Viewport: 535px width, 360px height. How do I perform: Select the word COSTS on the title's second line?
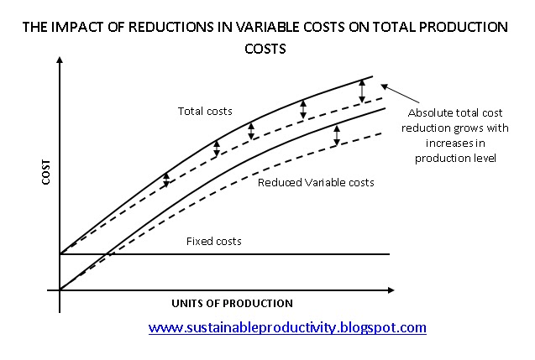coord(265,49)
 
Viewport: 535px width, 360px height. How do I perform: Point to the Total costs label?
coord(205,111)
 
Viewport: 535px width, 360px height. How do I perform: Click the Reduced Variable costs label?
coord(316,182)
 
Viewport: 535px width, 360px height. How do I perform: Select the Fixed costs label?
coord(214,241)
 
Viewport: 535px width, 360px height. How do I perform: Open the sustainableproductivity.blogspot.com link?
coord(287,327)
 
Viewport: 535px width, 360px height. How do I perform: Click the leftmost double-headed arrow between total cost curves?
coord(166,179)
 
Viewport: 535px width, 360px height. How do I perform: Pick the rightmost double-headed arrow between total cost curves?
coord(362,91)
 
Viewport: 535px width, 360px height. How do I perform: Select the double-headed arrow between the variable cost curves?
coord(336,135)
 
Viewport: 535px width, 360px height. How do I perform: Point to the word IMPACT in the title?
coord(73,27)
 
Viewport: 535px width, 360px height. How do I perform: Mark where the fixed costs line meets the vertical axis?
coord(60,253)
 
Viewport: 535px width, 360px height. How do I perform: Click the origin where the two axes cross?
coord(60,290)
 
